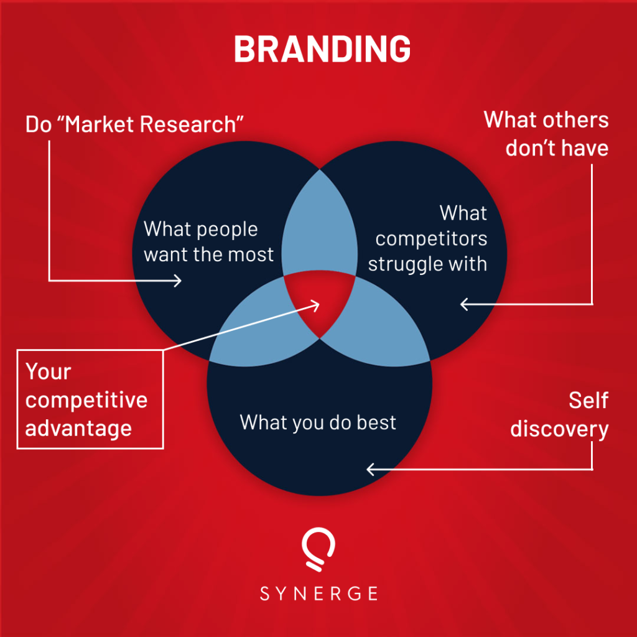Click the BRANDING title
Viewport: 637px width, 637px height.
[x=322, y=49]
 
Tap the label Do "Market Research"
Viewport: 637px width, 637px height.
[x=134, y=124]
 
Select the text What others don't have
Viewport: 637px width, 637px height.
[x=546, y=134]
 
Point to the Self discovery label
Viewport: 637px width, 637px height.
[x=559, y=415]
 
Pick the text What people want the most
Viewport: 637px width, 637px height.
[x=208, y=241]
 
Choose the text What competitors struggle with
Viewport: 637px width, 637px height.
[x=428, y=238]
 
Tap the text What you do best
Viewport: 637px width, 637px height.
[x=318, y=422]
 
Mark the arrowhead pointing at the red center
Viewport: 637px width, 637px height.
[x=315, y=305]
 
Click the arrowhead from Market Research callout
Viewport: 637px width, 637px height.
[x=178, y=281]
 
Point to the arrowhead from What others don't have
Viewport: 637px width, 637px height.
[x=464, y=304]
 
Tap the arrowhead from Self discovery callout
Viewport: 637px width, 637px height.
[x=371, y=469]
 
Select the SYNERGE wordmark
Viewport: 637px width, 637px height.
[x=318, y=593]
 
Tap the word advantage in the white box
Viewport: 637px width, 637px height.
[x=78, y=428]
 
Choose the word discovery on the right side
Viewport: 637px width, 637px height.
[x=559, y=429]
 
